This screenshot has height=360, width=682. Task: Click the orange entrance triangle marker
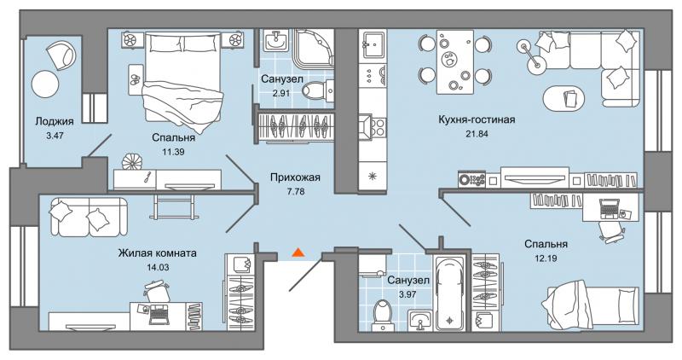point(298,253)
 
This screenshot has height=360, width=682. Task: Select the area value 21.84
point(477,134)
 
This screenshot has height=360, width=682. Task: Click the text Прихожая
point(294,177)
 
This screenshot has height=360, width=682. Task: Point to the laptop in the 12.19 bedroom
point(610,205)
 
